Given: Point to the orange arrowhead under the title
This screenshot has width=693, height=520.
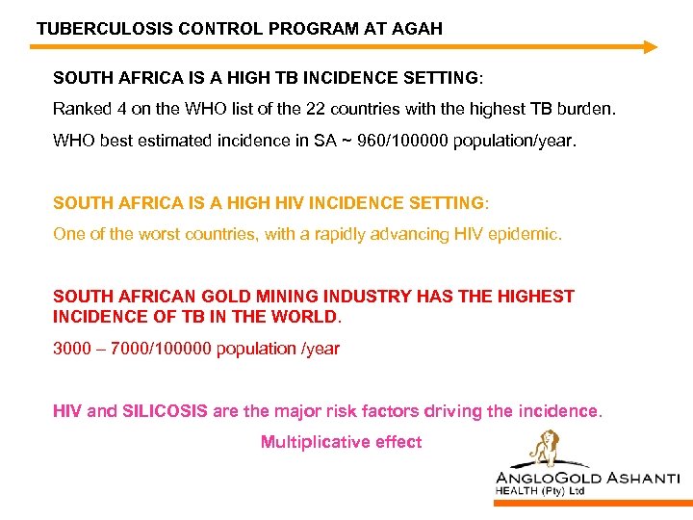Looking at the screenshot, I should pyautogui.click(x=650, y=46).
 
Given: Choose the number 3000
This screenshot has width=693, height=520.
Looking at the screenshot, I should pyautogui.click(x=73, y=349).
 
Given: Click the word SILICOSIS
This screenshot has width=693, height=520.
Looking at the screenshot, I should pyautogui.click(x=165, y=411).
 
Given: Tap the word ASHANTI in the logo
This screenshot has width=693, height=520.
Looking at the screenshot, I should pyautogui.click(x=643, y=478).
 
